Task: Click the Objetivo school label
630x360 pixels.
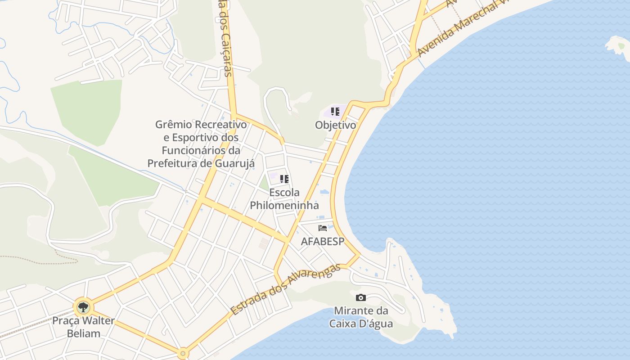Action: click(335, 125)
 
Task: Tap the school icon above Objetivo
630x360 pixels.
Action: click(335, 112)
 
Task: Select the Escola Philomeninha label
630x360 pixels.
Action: click(284, 199)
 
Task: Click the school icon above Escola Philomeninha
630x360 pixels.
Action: click(284, 179)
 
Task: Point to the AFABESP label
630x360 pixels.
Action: click(322, 241)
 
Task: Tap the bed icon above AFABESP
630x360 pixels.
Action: click(322, 228)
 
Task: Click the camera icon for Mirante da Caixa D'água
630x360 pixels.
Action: click(360, 297)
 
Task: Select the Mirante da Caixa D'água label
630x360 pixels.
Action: click(361, 317)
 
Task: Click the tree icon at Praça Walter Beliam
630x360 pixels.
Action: click(83, 308)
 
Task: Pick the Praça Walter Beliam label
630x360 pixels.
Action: click(83, 327)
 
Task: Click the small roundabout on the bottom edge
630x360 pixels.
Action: click(182, 353)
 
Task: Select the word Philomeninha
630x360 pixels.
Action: click(284, 206)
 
